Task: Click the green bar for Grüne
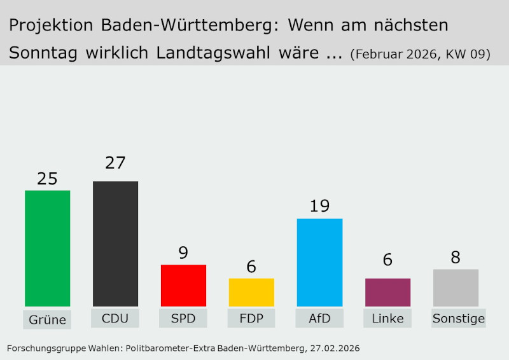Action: [x=47, y=249]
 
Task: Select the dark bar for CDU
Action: [x=115, y=244]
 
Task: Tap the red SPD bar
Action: [x=183, y=286]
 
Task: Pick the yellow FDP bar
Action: [x=251, y=293]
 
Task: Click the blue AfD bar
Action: [x=319, y=263]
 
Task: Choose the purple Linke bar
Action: [x=387, y=293]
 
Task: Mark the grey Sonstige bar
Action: [x=456, y=288]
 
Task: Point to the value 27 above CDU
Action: [x=115, y=163]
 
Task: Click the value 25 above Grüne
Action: [x=47, y=179]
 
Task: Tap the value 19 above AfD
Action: [x=319, y=207]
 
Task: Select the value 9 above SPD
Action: [x=183, y=253]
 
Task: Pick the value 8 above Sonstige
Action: [x=456, y=258]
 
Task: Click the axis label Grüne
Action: [x=47, y=319]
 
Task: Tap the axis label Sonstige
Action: [x=458, y=318]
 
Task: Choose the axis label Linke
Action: [x=387, y=318]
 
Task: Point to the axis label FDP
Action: [x=251, y=318]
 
